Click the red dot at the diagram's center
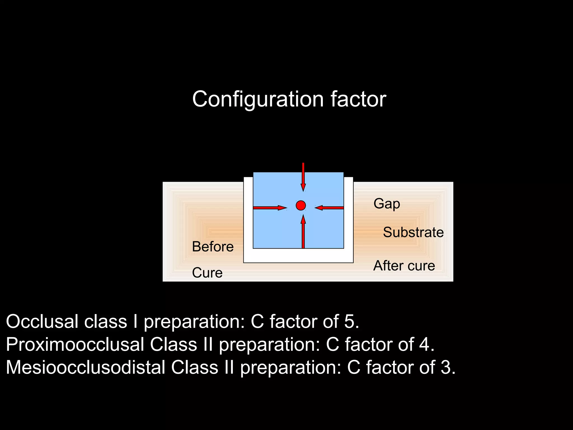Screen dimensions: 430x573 pyautogui.click(x=301, y=205)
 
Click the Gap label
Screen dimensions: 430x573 pyautogui.click(x=387, y=204)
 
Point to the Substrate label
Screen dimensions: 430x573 pyautogui.click(x=413, y=232)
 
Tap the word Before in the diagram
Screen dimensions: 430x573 pyautogui.click(x=213, y=247)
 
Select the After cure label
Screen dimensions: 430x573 pyautogui.click(x=404, y=266)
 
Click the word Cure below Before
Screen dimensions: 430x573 pyautogui.click(x=207, y=273)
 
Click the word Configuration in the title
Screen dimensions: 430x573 pyautogui.click(x=258, y=99)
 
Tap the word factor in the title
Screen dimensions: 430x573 pyautogui.click(x=358, y=99)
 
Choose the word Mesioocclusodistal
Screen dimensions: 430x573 pyautogui.click(x=85, y=367)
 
